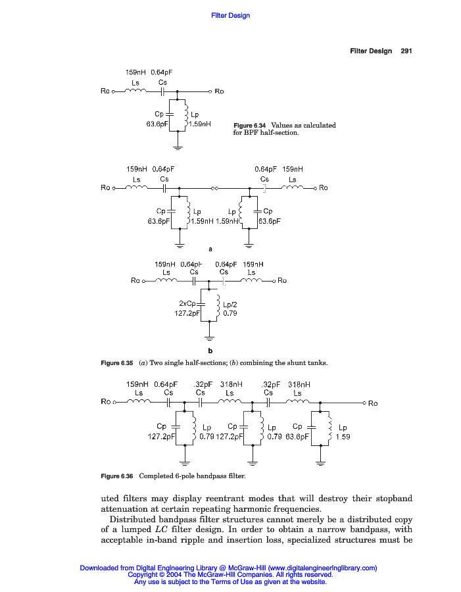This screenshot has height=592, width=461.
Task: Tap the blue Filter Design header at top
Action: [x=230, y=16]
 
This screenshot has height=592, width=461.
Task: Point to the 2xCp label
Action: [x=187, y=303]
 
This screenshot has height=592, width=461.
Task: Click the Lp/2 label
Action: [x=230, y=305]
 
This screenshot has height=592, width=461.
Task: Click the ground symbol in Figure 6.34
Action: [x=176, y=147]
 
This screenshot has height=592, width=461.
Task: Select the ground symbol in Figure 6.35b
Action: [x=209, y=338]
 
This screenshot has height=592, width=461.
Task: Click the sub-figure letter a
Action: [x=210, y=249]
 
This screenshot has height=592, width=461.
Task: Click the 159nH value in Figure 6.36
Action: [x=137, y=383]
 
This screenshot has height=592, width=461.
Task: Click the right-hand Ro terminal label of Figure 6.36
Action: [x=373, y=403]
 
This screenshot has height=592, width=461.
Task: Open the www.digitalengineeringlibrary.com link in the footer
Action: [x=322, y=568]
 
